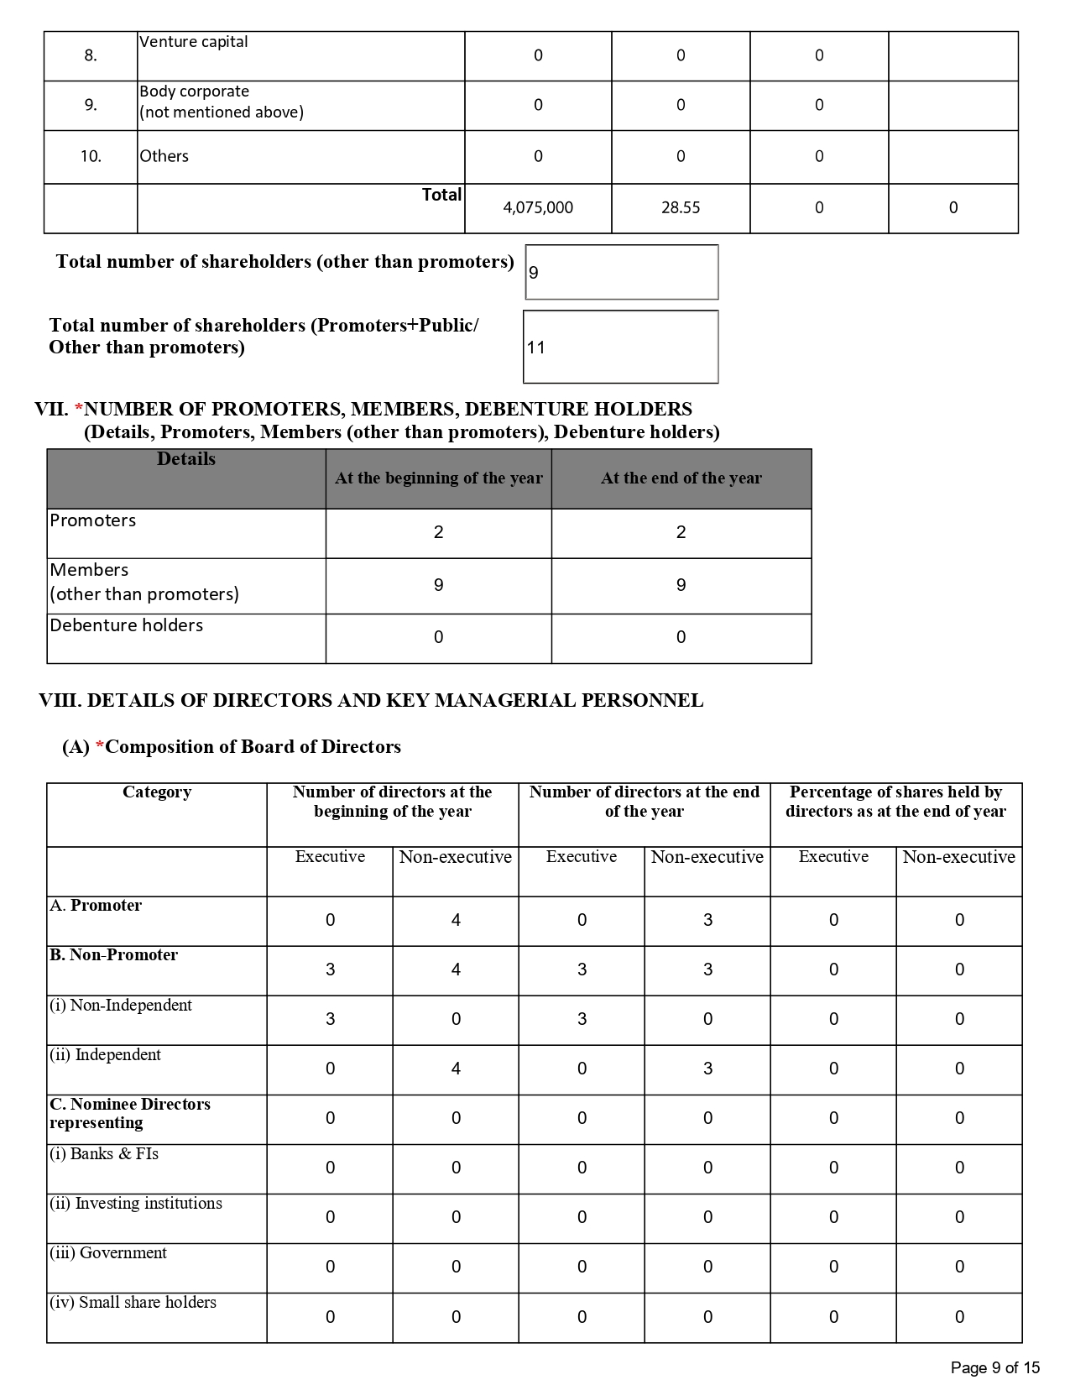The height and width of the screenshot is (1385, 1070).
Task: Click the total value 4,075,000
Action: click(x=538, y=208)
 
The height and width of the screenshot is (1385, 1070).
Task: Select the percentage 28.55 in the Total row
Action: click(x=680, y=208)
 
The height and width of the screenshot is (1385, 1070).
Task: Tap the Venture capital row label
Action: click(x=194, y=42)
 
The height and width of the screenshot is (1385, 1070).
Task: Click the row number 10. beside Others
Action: click(x=91, y=156)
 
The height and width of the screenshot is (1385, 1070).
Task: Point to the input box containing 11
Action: click(x=620, y=348)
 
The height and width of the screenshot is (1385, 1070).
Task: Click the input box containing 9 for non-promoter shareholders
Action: click(x=621, y=272)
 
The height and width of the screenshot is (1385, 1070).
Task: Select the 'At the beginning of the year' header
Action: click(x=438, y=478)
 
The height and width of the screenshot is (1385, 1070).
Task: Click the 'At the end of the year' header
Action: click(x=681, y=478)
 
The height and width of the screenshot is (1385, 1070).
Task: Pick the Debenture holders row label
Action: click(x=127, y=625)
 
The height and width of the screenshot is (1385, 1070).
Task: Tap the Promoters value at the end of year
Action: click(x=681, y=532)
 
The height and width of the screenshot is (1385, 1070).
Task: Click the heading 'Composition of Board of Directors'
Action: click(x=253, y=747)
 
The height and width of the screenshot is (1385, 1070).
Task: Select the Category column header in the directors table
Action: click(x=157, y=792)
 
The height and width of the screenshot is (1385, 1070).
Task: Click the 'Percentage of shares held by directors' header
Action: click(x=895, y=802)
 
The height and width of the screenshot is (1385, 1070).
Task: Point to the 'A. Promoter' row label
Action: click(x=96, y=906)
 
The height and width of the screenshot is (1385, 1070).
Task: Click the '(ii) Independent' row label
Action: click(x=105, y=1055)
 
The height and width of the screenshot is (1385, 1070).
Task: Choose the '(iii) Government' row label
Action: click(x=108, y=1253)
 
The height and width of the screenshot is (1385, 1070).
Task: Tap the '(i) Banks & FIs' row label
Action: click(x=104, y=1154)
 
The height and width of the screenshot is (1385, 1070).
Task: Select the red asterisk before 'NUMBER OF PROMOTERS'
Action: click(x=79, y=410)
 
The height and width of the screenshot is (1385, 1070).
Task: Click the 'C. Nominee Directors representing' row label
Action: click(x=130, y=1114)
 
